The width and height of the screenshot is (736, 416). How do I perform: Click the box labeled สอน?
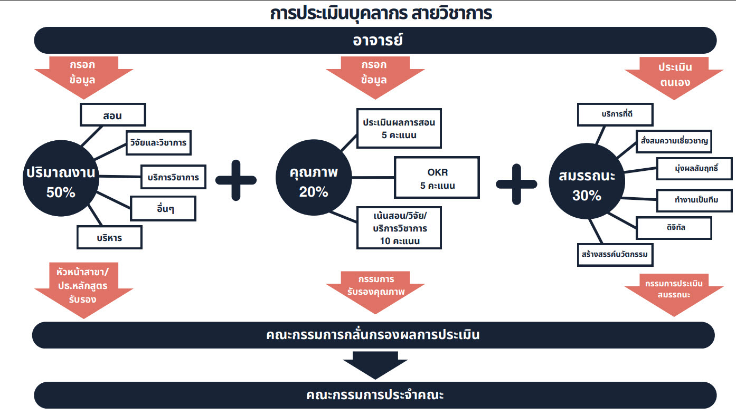click(113, 114)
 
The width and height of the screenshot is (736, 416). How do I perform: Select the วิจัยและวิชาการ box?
click(158, 142)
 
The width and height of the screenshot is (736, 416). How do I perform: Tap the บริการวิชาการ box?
click(173, 177)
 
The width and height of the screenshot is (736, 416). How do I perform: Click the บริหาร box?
click(110, 237)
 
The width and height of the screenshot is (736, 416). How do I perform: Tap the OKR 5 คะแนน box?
click(438, 178)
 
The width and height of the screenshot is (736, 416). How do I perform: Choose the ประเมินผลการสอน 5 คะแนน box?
click(399, 128)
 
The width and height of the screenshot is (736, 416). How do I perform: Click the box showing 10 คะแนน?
click(399, 228)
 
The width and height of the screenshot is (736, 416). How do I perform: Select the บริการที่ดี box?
click(615, 114)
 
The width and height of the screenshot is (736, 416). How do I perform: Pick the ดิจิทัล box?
click(674, 227)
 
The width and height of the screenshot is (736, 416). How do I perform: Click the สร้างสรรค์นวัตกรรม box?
click(615, 254)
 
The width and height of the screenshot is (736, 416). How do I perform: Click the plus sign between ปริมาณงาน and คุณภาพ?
click(236, 180)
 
